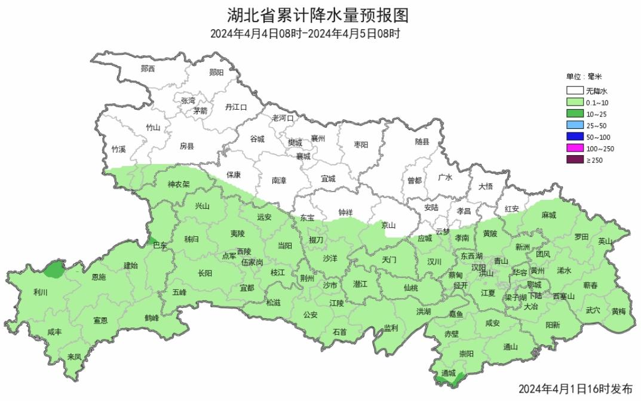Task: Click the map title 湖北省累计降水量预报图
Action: click(x=320, y=14)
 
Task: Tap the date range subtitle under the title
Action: click(x=305, y=34)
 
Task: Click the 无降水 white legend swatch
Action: click(x=575, y=91)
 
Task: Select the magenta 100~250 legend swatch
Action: click(x=575, y=149)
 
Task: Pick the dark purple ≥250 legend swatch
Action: click(x=575, y=160)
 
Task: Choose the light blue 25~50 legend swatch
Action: click(x=575, y=126)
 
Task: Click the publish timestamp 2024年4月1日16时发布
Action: click(x=575, y=389)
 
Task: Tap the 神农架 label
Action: click(x=178, y=184)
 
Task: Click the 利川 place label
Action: click(x=41, y=292)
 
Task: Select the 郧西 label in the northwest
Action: click(x=148, y=69)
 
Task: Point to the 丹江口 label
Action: click(x=235, y=107)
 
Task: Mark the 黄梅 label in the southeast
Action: click(x=619, y=310)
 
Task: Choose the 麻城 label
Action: click(x=548, y=215)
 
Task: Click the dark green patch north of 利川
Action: click(x=55, y=270)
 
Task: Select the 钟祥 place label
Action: click(x=345, y=212)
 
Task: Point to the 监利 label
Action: click(x=391, y=328)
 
